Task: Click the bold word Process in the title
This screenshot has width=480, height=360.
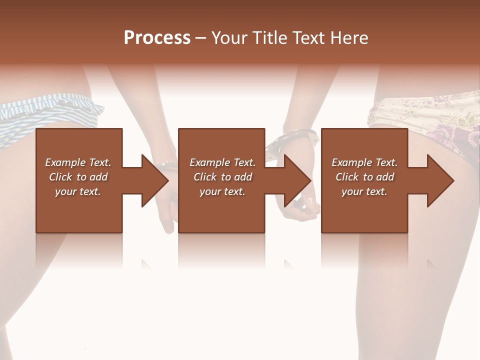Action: click(157, 38)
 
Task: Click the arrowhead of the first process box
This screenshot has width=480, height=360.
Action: click(155, 180)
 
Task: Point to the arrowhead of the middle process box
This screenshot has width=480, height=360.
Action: click(298, 180)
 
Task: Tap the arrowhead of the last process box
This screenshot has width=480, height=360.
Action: click(440, 180)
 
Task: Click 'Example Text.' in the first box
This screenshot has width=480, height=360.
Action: click(78, 162)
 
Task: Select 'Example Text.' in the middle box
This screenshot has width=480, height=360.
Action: click(222, 162)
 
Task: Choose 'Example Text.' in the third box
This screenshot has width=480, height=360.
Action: click(364, 162)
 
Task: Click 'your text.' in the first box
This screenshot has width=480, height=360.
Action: click(78, 191)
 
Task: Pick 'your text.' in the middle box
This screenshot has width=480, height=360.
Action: click(222, 191)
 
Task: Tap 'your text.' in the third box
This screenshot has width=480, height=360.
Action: click(364, 191)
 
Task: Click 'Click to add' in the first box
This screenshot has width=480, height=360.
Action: click(78, 177)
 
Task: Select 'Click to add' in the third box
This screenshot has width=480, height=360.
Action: click(364, 177)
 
